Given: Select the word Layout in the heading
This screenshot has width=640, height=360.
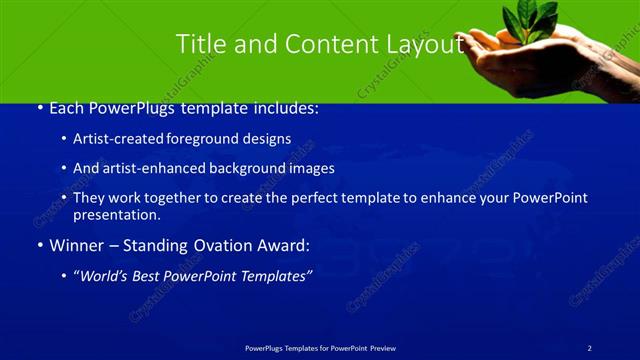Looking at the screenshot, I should coord(423,44).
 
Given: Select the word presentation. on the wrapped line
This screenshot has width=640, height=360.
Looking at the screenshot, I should coord(116,214).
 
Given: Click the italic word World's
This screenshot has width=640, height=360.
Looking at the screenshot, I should coord(105,275).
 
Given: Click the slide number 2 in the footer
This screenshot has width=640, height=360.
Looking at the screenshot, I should coord(590,347).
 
